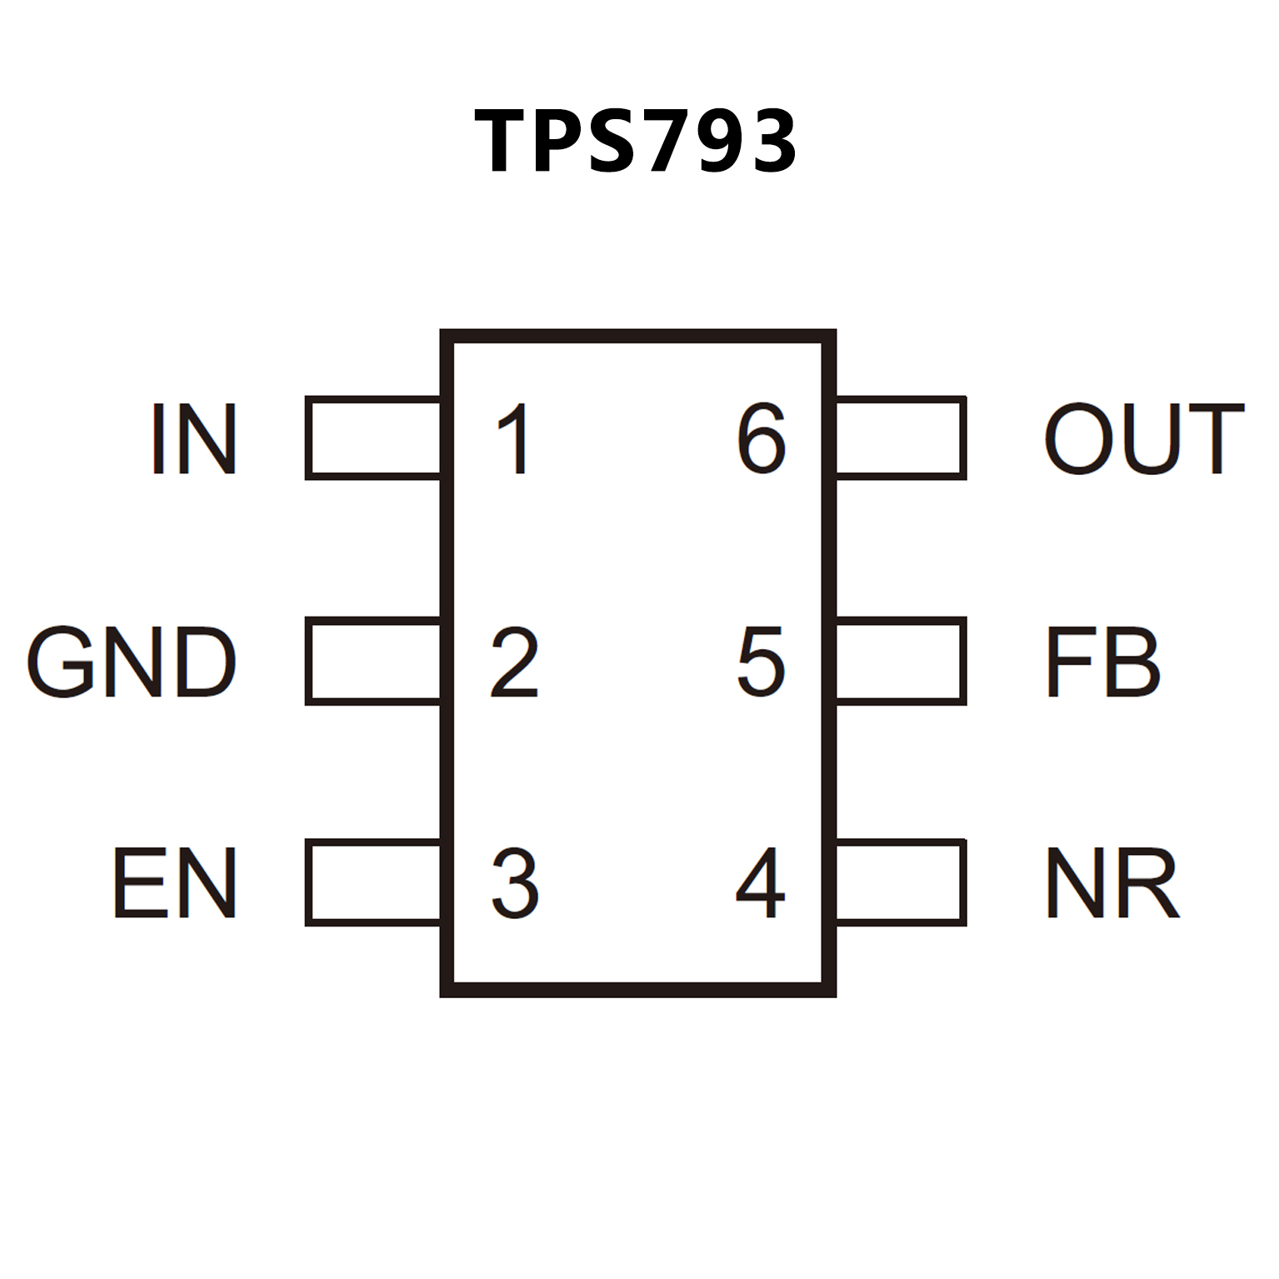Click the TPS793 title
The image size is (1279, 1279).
[636, 142]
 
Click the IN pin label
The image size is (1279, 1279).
[194, 439]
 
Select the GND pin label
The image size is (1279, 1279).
[132, 662]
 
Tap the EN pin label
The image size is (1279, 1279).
[175, 883]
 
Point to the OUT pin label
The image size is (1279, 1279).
[1144, 439]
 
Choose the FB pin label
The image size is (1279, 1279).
[1102, 662]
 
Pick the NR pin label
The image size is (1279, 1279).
[1112, 883]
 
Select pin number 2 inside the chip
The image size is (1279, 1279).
[514, 662]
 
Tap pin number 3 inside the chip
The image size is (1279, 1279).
[514, 883]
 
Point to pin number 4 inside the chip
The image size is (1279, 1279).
[760, 883]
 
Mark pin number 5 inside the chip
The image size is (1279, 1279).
[760, 662]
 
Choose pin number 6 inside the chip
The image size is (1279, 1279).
[760, 439]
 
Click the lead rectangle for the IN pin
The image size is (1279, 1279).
[373, 438]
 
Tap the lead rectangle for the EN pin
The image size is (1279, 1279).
[373, 882]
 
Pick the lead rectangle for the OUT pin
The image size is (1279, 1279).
[901, 438]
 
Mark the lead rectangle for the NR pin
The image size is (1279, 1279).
[901, 882]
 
